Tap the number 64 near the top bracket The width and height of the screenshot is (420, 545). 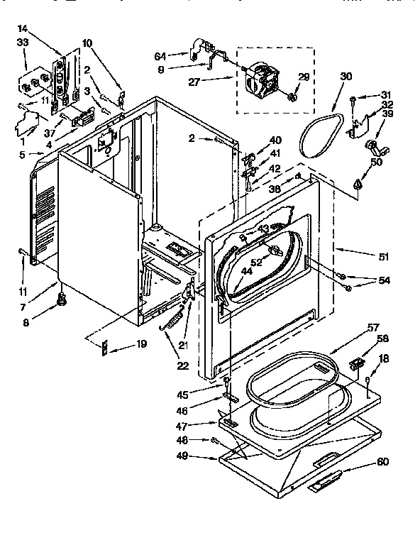(160, 55)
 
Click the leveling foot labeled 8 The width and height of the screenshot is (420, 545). (62, 302)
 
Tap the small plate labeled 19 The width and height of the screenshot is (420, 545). (104, 348)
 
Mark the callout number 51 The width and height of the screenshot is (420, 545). (384, 257)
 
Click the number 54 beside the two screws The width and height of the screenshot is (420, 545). (384, 281)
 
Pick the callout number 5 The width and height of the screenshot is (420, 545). (22, 154)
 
